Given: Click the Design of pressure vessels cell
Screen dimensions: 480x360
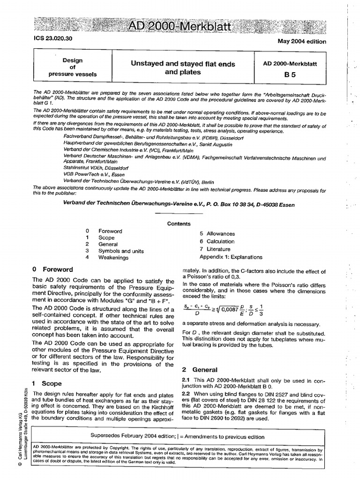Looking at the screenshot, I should point(73,67).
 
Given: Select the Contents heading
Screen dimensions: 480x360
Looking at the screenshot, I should point(179,224).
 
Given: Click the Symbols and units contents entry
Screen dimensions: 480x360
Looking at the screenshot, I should point(121,251).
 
